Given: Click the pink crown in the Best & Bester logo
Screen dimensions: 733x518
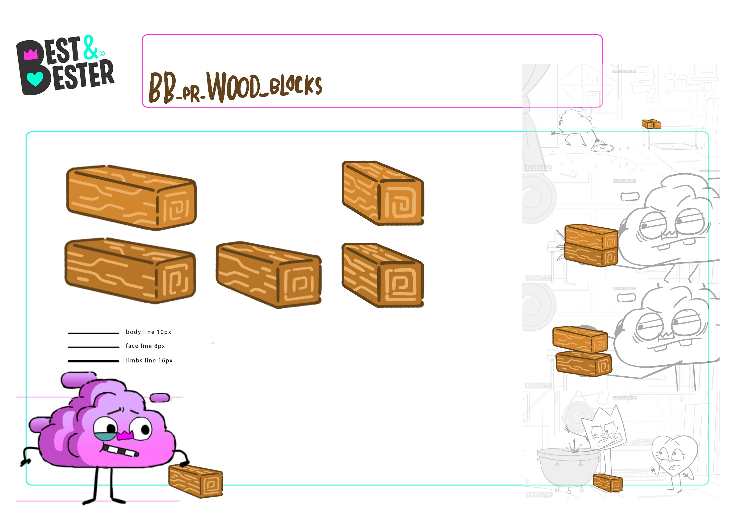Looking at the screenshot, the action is (31, 54).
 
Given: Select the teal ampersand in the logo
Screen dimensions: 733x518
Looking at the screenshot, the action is (90, 48).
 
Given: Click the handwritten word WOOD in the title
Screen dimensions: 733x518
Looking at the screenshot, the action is (233, 86).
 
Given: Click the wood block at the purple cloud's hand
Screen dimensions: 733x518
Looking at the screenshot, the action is (195, 481).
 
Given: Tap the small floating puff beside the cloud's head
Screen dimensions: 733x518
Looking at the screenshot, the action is (160, 398).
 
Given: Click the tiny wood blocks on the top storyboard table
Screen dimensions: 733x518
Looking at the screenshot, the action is (651, 124).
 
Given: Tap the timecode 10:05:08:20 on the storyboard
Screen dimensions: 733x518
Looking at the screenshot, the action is (538, 168).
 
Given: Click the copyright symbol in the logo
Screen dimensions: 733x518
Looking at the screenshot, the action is (102, 53).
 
